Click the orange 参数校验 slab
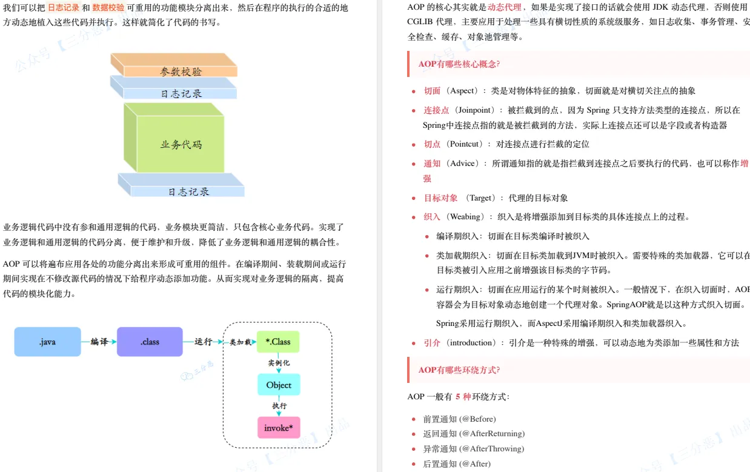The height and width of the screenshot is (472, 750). [x=174, y=65]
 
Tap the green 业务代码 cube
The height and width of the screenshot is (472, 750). [x=174, y=138]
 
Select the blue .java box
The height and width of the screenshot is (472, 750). [x=47, y=342]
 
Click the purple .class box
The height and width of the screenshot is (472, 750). [x=150, y=342]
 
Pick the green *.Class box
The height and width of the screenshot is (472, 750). [x=278, y=342]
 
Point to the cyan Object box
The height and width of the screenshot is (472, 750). [x=279, y=385]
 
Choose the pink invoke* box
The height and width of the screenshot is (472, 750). [x=279, y=428]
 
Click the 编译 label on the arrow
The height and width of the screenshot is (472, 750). [x=99, y=342]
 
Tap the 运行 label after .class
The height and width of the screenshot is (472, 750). [x=203, y=342]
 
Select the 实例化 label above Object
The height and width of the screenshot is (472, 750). [x=279, y=363]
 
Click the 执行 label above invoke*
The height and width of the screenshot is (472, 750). [x=279, y=406]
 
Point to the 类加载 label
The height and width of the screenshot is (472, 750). [x=241, y=342]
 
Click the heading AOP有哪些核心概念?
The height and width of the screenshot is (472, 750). [x=459, y=64]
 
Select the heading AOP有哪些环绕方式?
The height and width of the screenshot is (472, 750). [x=459, y=370]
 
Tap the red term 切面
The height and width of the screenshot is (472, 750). [x=432, y=91]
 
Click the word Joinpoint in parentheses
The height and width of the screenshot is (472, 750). [x=476, y=110]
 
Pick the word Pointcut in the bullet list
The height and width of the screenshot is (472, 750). [x=465, y=144]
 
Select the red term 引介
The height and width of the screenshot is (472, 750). [x=432, y=343]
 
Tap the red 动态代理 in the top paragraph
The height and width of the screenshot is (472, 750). [x=504, y=7]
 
